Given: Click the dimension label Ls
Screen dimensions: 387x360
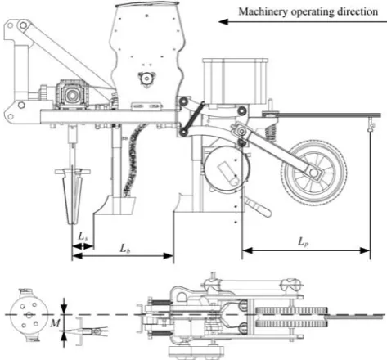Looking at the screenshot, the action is point(83,236).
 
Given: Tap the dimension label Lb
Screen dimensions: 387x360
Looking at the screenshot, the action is point(124,248).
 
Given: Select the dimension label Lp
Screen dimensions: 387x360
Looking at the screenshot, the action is point(303,242).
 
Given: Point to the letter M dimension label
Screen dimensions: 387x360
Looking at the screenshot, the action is point(55,323).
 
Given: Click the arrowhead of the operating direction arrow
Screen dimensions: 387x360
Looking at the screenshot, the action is point(223,22).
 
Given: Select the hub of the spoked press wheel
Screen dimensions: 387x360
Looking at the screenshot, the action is point(314,173).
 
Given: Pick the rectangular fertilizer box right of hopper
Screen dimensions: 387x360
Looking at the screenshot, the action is point(235,81).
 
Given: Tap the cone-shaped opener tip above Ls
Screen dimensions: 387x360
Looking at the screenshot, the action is point(72,196).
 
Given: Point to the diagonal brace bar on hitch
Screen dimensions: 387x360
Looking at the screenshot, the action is point(68,55).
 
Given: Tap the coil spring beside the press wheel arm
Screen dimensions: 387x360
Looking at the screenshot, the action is point(270,133).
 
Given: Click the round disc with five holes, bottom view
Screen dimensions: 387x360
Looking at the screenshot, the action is point(29,315).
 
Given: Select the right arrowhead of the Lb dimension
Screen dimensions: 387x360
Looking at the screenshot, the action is point(168,256).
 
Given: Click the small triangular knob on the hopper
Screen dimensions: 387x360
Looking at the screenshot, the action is point(147,79).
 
